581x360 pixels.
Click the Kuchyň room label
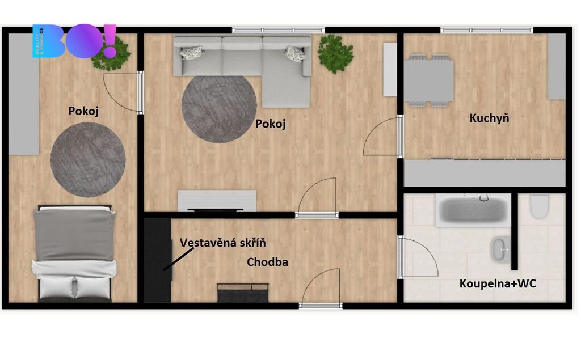tap(489, 118)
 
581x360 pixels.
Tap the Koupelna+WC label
tap(498, 283)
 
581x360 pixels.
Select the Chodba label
tap(267, 262)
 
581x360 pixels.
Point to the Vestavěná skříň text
tap(222, 243)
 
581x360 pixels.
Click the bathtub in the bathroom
tap(473, 210)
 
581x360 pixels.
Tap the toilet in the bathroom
tap(539, 206)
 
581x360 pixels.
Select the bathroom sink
tap(501, 249)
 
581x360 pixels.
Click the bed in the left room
tap(74, 253)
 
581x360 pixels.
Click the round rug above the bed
tap(88, 160)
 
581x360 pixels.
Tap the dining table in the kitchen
tap(429, 81)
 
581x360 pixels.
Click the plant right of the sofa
tap(335, 54)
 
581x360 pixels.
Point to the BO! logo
tap(74, 41)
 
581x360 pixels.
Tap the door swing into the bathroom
tap(418, 257)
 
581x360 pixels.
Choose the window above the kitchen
tap(486, 31)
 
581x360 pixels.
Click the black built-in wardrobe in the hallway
tap(158, 260)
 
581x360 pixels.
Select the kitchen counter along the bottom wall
tap(485, 173)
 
